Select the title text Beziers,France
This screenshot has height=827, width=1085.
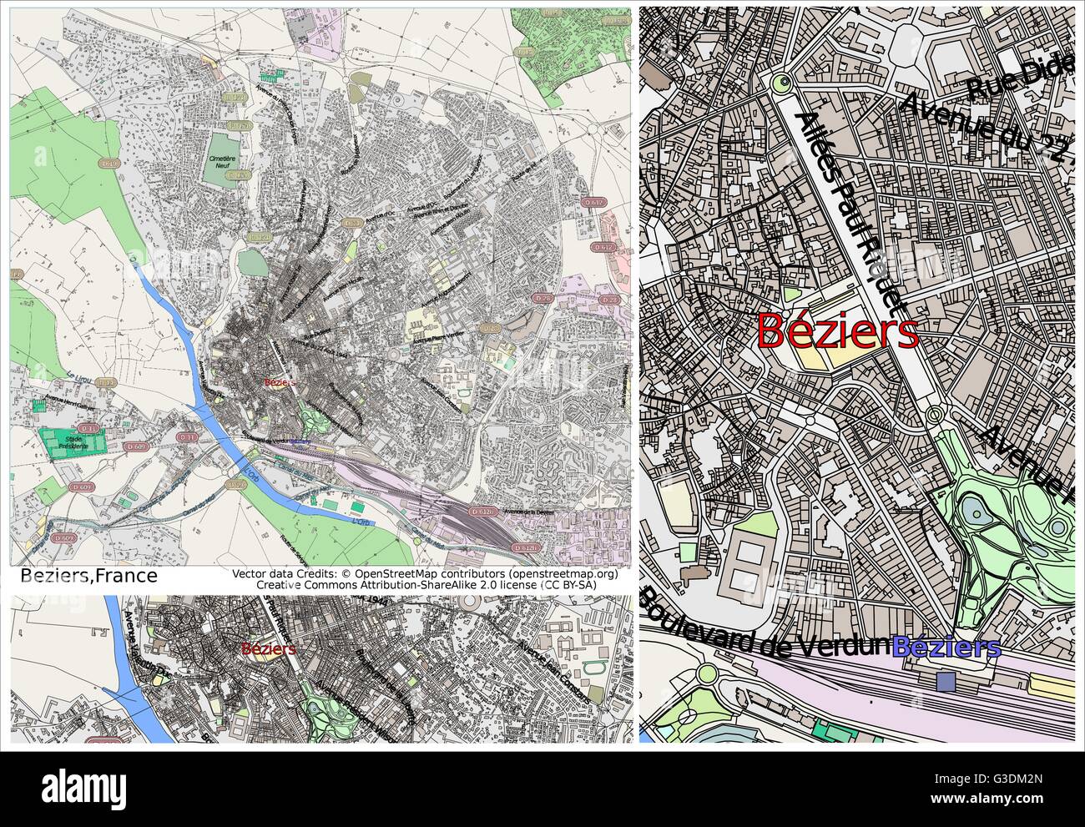tap(88, 577)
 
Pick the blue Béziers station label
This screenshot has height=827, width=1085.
tap(946, 647)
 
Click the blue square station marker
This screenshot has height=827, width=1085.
tap(946, 682)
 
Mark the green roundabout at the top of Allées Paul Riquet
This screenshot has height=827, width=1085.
tap(781, 82)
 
